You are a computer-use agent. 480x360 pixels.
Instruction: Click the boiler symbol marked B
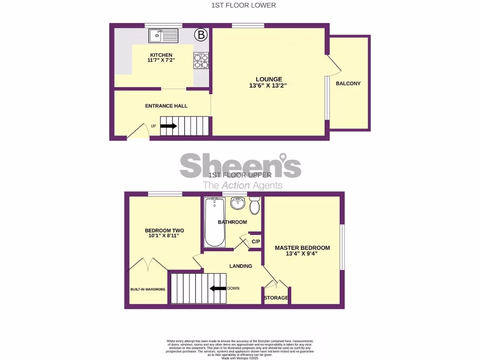(201, 35)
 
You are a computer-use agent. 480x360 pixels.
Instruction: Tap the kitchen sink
(163, 35)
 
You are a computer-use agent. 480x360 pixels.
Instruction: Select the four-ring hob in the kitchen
(201, 60)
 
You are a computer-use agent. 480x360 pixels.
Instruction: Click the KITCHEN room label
(161, 55)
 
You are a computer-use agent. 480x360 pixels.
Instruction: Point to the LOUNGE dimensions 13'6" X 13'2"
(268, 86)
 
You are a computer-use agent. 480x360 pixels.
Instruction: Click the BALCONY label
(348, 83)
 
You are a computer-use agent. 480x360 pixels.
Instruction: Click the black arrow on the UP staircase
(169, 126)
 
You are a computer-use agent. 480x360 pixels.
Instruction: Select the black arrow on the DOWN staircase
(217, 288)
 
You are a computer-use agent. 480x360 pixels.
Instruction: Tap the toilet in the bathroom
(255, 205)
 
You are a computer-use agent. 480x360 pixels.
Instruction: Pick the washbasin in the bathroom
(238, 203)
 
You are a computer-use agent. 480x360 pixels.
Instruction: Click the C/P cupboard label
(255, 241)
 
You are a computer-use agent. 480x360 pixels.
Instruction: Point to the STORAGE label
(276, 298)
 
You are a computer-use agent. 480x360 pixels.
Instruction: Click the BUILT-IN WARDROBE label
(148, 289)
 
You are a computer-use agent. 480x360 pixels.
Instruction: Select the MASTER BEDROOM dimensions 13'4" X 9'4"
(302, 254)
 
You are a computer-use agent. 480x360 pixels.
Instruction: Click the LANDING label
(240, 266)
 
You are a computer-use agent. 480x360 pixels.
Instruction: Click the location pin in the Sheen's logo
(283, 157)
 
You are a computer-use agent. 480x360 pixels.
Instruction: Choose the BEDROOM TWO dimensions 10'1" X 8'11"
(164, 236)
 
